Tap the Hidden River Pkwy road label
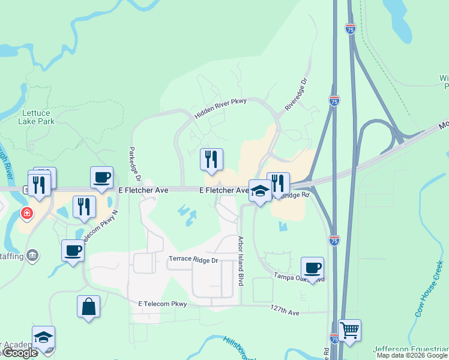[x=220, y=107]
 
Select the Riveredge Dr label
[x=296, y=93]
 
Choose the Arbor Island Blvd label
[x=242, y=260]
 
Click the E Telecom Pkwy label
[x=163, y=304]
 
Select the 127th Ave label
[x=285, y=312]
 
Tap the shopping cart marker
[x=349, y=329]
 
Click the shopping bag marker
[x=88, y=306]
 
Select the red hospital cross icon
[x=27, y=213]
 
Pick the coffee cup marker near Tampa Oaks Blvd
[x=312, y=268]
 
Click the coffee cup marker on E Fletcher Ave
[x=101, y=178]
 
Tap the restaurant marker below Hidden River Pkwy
[x=211, y=159]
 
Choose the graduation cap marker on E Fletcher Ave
[x=260, y=191]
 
